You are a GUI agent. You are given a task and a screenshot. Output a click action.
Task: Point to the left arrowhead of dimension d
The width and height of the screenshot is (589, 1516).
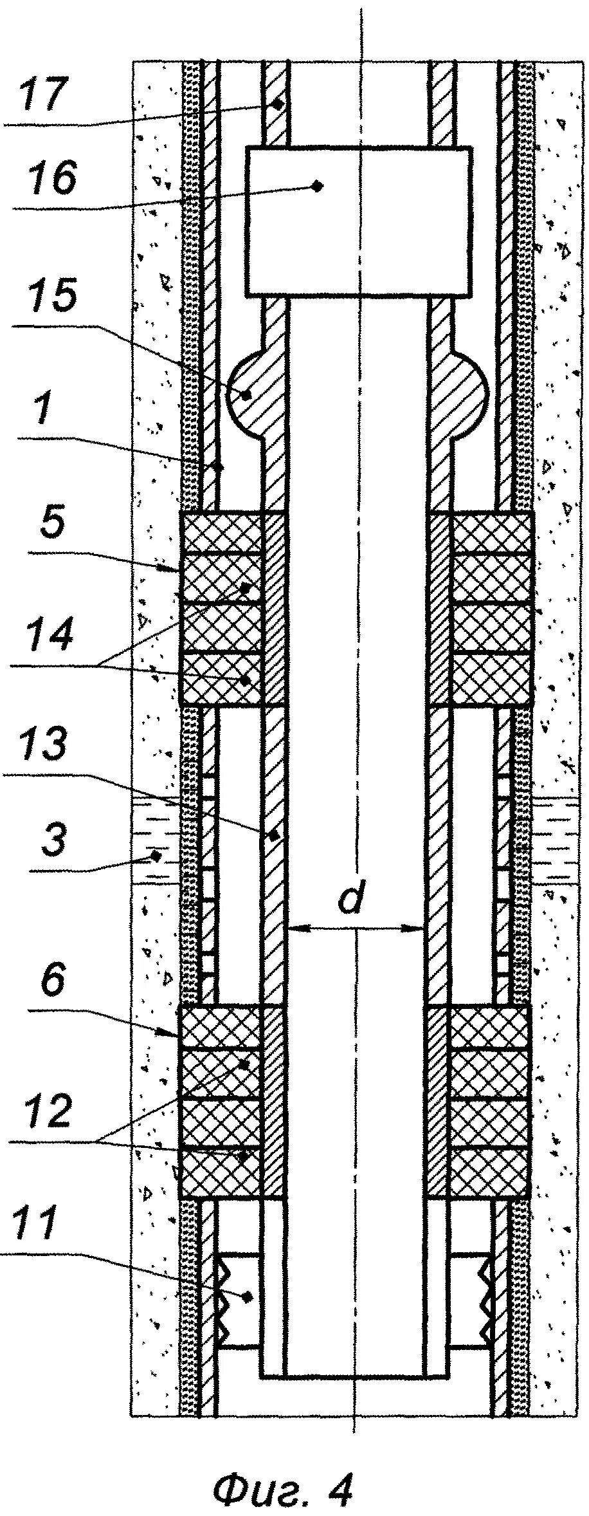pyautogui.click(x=293, y=928)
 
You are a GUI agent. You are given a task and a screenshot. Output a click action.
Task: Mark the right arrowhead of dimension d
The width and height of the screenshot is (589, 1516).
pyautogui.click(x=419, y=928)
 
